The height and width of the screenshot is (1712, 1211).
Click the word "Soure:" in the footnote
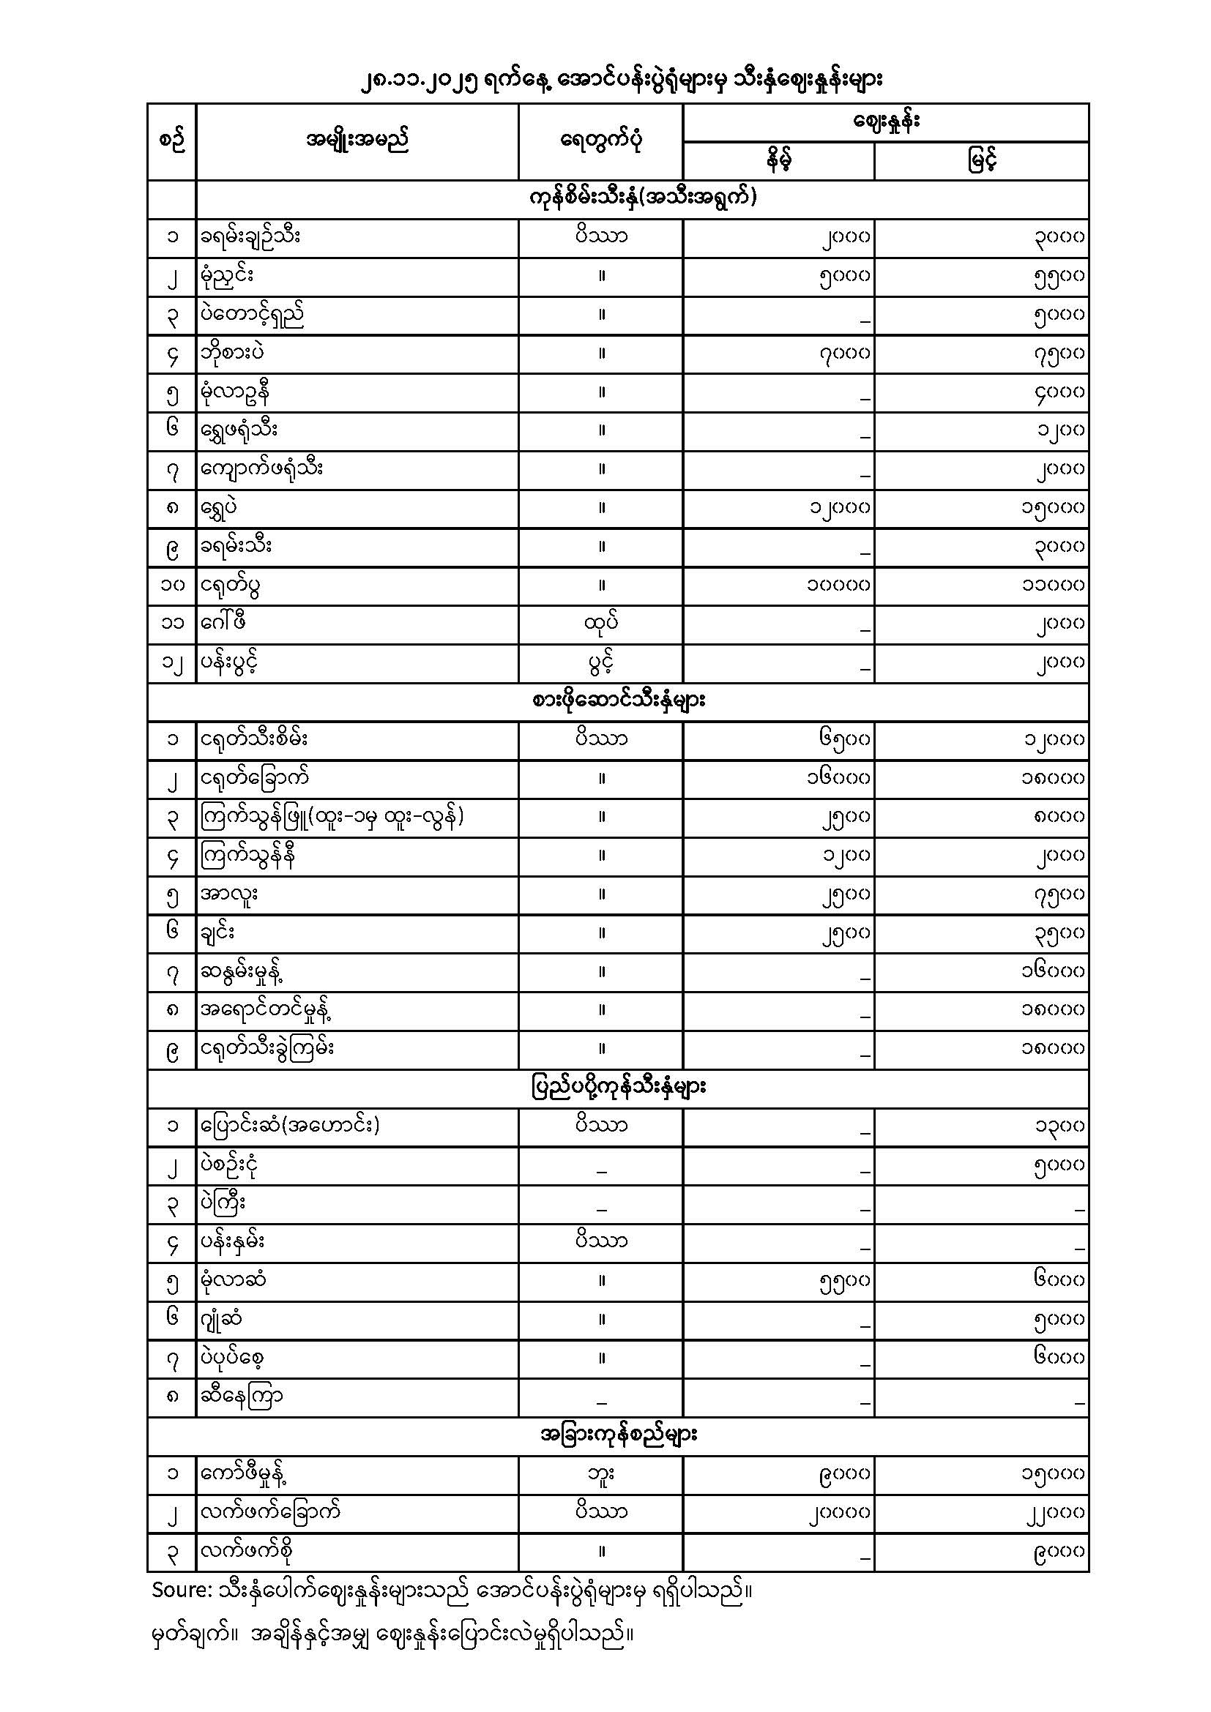(182, 1590)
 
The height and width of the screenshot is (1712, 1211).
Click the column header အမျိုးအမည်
(357, 141)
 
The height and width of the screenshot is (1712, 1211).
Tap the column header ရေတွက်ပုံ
(601, 141)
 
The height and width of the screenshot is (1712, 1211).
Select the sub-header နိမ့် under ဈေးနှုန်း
(778, 160)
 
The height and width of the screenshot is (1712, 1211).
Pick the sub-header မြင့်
(981, 160)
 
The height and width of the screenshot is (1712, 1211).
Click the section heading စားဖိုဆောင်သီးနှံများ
(619, 701)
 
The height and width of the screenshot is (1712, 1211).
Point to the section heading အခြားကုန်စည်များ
(619, 1435)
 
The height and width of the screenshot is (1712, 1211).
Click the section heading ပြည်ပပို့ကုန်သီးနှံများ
(619, 1087)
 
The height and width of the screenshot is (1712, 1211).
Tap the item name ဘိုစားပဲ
(233, 353)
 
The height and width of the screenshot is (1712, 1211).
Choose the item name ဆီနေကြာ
(242, 1396)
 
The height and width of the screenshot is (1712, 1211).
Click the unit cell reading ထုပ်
(601, 623)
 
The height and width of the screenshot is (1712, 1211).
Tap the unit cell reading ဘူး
(601, 1473)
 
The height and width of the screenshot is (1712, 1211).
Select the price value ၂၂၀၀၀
(1053, 1513)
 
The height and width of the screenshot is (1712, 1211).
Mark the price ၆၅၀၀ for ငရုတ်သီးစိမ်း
(843, 740)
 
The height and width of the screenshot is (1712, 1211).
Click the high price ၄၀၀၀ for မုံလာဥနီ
(1059, 392)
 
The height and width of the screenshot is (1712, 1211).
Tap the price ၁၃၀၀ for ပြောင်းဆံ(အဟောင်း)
(1059, 1126)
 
